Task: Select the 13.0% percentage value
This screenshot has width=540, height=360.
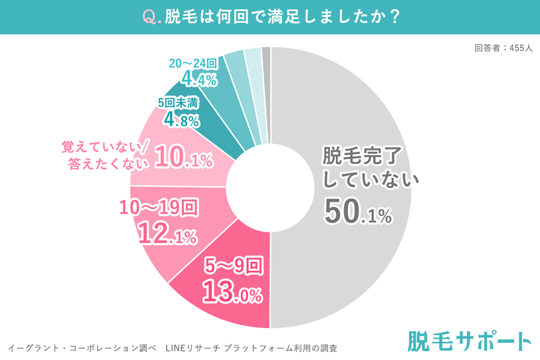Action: [233, 293]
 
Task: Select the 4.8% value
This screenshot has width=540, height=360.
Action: [181, 120]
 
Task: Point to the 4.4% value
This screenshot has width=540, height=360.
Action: [199, 79]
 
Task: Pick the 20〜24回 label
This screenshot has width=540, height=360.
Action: [193, 63]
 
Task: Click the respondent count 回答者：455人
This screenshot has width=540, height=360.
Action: [503, 48]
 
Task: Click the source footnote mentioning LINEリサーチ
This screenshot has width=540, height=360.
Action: [172, 348]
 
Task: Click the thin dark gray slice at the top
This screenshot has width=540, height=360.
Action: [266, 55]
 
